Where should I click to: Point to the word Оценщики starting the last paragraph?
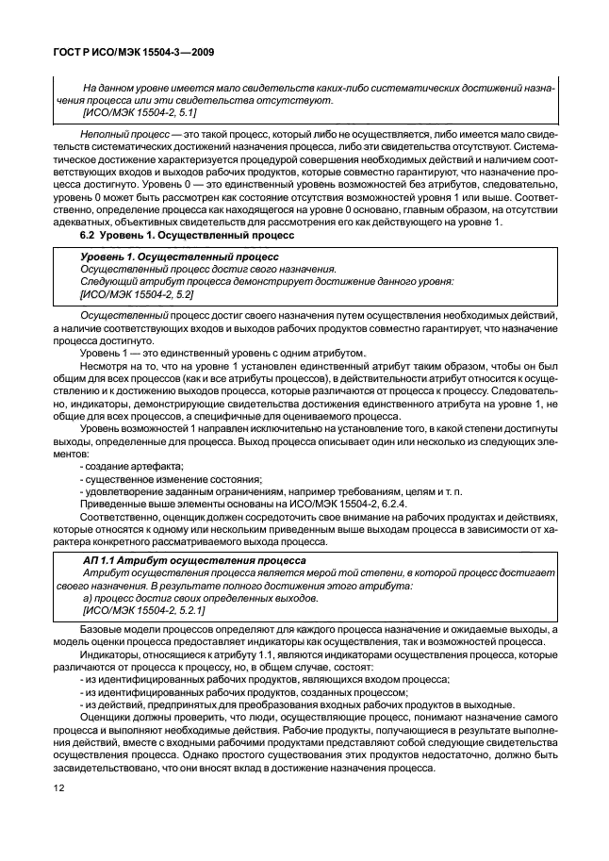[107, 719]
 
